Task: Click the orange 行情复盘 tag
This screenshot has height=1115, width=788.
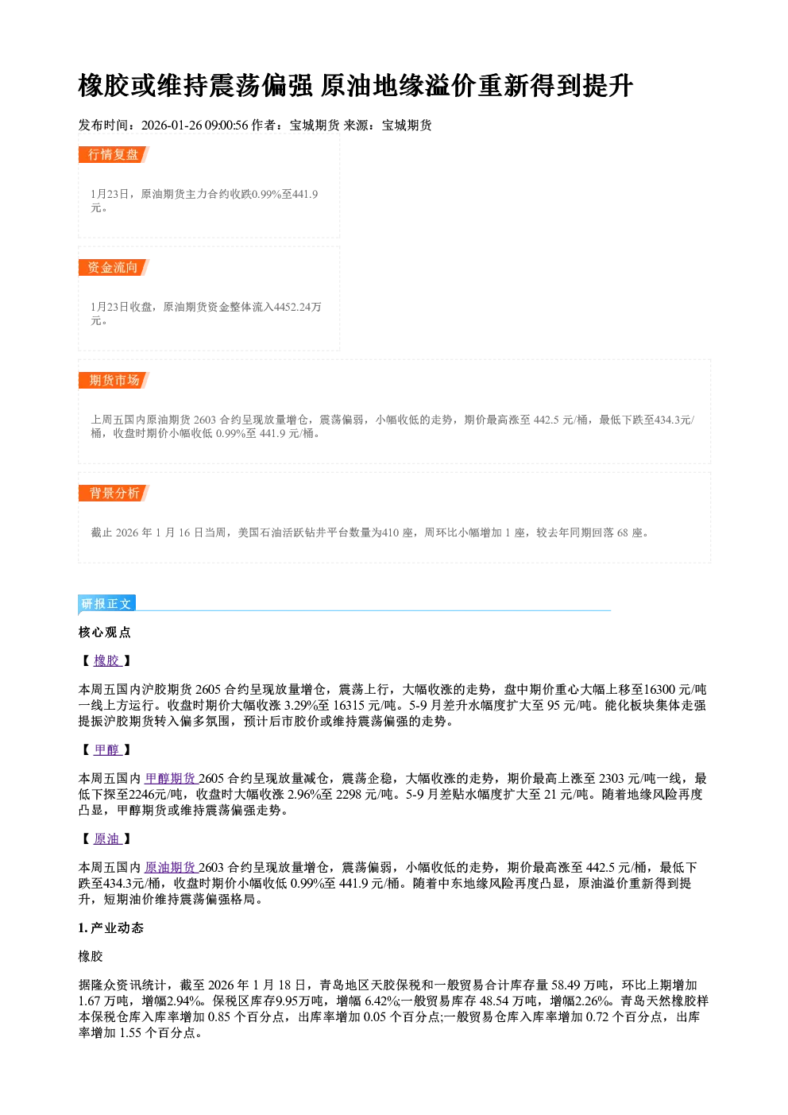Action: [114, 154]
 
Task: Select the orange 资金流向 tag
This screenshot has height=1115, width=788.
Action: [114, 267]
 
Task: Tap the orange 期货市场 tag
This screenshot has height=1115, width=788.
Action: [114, 381]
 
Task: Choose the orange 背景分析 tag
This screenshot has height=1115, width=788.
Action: [114, 494]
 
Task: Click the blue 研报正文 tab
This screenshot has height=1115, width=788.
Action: [106, 604]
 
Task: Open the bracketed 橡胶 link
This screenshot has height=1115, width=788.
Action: [107, 660]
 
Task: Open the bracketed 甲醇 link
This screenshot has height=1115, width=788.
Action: [107, 749]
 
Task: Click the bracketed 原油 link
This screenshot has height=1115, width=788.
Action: [107, 838]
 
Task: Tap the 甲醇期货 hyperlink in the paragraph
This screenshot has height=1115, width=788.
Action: [171, 779]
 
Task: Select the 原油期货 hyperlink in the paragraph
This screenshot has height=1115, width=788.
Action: [171, 868]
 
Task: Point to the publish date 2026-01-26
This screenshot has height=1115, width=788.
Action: [172, 126]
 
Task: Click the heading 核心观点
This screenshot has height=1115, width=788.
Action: [105, 632]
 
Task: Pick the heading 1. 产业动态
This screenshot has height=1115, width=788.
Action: [111, 927]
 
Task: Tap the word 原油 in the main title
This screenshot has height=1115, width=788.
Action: [346, 86]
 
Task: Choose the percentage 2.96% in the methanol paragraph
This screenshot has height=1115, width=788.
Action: [310, 795]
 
